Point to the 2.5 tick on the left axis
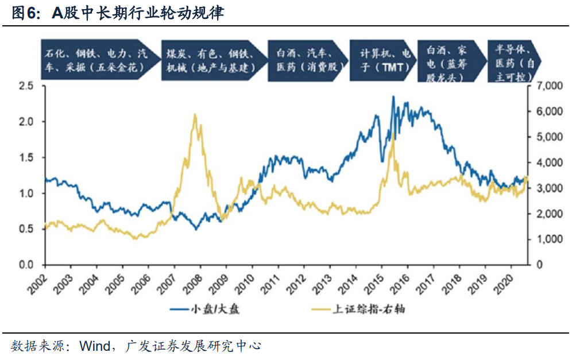pyautogui.click(x=27, y=86)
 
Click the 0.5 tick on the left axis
pyautogui.click(x=27, y=229)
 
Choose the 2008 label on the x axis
pyautogui.click(x=193, y=282)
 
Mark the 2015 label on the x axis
pyautogui.click(x=374, y=282)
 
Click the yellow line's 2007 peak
pyautogui.click(x=195, y=114)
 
